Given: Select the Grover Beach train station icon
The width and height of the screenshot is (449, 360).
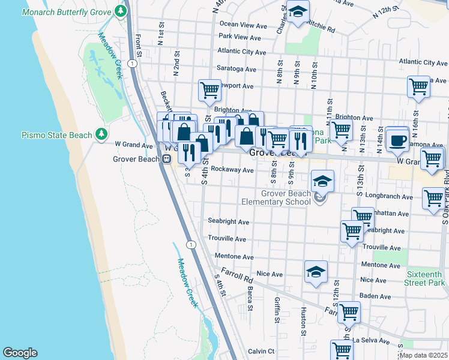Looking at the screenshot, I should [167, 159].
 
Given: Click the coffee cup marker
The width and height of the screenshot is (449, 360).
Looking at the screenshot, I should [397, 139].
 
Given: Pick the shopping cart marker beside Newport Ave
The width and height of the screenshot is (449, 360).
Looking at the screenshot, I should [209, 90].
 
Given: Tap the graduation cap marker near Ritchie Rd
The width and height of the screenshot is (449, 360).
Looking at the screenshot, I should [297, 13].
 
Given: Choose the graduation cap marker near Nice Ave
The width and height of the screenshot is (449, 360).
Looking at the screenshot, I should [316, 272].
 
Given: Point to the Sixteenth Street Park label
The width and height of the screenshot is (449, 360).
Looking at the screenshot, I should [424, 278].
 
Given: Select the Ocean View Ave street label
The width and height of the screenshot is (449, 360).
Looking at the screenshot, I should [243, 25].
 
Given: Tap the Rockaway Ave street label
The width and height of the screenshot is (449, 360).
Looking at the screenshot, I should [232, 170].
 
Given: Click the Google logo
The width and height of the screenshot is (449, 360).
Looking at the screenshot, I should [20, 353].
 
